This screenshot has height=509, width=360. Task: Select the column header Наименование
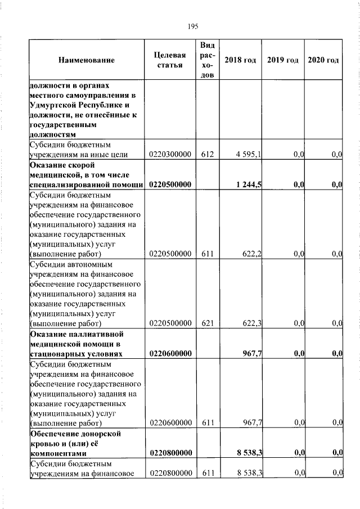86,60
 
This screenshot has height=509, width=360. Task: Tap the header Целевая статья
170,60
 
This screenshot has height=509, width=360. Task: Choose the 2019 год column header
282,60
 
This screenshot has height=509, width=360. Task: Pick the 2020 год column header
323,60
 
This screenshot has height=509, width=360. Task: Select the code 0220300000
170,155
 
